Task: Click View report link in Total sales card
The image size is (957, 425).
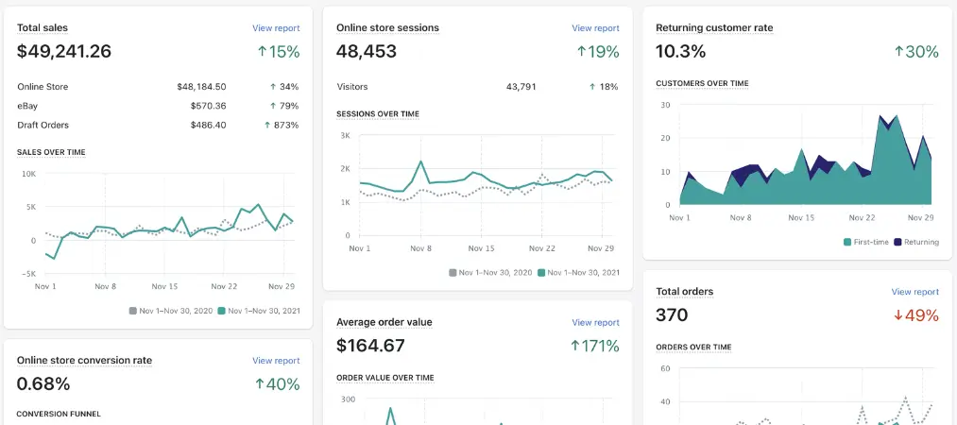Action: [276, 28]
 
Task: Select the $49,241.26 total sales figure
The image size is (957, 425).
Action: [64, 52]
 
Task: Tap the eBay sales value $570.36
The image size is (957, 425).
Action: [201, 106]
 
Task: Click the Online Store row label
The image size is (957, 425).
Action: [43, 87]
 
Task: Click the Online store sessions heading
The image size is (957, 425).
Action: [387, 28]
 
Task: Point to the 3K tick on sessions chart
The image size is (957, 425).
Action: [345, 136]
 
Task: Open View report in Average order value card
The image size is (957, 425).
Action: [595, 322]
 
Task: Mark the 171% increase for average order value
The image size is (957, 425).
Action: [594, 346]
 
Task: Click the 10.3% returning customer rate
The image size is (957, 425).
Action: [680, 52]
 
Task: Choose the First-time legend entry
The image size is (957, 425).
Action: [866, 242]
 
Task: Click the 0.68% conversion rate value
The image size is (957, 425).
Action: [43, 383]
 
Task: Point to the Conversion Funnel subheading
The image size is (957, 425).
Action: [59, 414]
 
